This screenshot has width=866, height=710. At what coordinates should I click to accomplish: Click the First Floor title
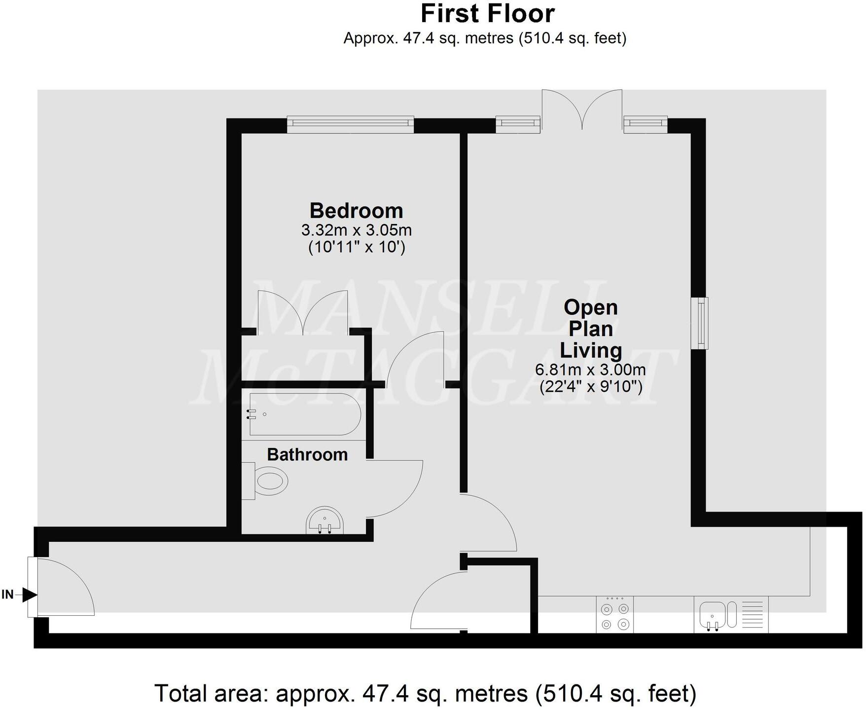pos(487,14)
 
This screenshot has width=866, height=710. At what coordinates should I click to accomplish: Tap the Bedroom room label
pos(356,211)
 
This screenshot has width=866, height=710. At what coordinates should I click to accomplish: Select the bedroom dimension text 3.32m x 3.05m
pos(356,230)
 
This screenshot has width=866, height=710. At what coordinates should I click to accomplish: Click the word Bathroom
pos(307,454)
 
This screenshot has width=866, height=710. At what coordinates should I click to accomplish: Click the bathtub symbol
pos(304,414)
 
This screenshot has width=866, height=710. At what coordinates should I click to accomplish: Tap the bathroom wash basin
pos(325,521)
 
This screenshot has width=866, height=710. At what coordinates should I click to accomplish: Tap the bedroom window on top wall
pos(350,125)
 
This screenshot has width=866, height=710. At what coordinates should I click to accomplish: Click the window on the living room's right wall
pos(699,323)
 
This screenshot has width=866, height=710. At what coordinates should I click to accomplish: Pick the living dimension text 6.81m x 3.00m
pos(590,370)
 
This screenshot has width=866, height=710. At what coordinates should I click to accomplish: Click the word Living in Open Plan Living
pos(590,350)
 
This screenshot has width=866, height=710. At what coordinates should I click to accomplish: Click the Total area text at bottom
pos(425,693)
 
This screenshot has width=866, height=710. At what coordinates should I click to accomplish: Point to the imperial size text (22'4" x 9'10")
pos(590,386)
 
